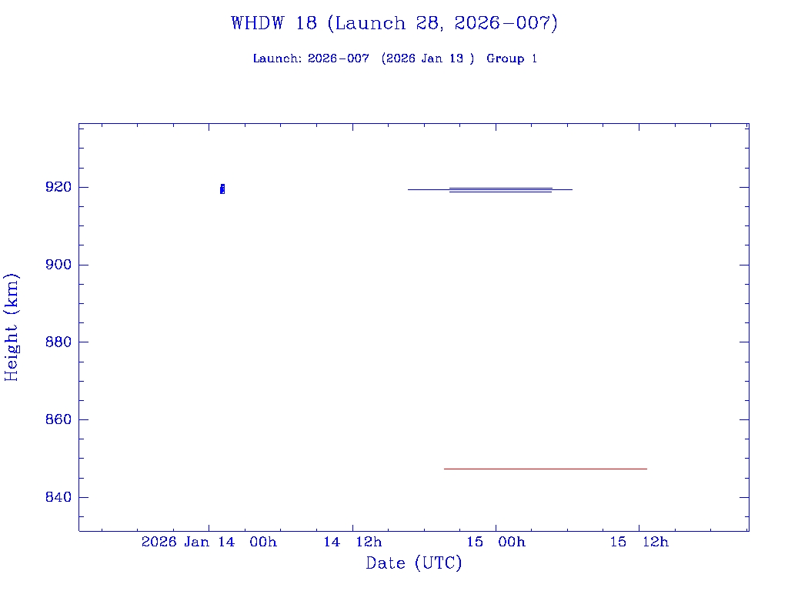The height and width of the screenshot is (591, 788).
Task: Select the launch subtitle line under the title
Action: click(394, 58)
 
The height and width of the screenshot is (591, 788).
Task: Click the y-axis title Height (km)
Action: click(12, 326)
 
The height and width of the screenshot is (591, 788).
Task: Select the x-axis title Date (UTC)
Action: click(414, 563)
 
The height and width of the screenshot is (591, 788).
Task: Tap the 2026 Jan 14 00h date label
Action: click(209, 543)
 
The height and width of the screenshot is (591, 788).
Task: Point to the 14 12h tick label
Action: click(352, 543)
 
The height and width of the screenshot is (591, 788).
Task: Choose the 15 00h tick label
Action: click(496, 543)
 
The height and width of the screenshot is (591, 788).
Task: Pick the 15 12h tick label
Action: click(639, 543)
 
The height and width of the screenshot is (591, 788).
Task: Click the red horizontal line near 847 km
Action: click(545, 469)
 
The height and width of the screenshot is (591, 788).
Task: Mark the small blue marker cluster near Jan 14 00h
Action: click(222, 189)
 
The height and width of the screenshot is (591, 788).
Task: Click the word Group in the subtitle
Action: click(504, 58)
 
